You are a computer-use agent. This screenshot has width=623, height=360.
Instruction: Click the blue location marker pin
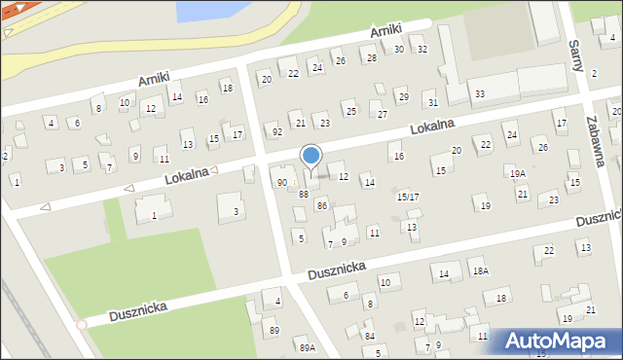click(311, 156)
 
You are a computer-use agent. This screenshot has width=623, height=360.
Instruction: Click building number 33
click(480, 93)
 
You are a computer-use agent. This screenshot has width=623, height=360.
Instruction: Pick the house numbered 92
click(277, 131)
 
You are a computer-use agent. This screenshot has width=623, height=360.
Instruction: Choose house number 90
click(282, 182)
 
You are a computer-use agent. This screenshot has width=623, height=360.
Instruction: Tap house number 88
click(304, 194)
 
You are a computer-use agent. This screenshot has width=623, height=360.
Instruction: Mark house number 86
click(321, 205)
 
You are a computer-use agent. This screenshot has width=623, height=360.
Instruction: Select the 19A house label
click(518, 173)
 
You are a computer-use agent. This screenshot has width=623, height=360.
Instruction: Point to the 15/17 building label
click(408, 197)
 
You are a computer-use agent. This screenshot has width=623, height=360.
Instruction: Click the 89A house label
click(307, 347)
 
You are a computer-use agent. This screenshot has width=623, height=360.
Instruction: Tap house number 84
click(370, 336)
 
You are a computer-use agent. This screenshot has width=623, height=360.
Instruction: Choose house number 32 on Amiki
click(421, 50)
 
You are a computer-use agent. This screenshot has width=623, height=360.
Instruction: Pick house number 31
click(433, 102)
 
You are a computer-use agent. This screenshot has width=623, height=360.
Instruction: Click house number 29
click(403, 96)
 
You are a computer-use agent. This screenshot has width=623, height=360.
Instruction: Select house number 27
click(383, 115)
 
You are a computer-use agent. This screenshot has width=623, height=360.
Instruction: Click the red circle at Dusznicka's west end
click(82, 324)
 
